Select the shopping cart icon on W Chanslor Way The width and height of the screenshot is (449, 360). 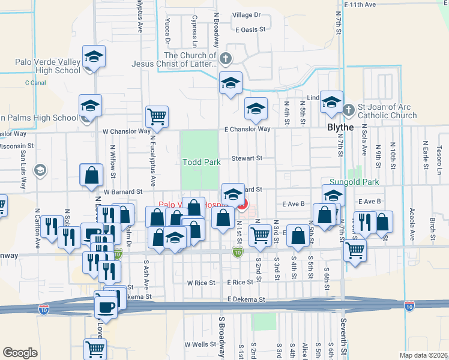coord(157,116)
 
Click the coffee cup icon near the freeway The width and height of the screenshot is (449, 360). coord(106,307)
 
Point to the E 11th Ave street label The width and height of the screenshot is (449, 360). coord(360,4)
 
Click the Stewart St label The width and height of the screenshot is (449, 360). coord(247,158)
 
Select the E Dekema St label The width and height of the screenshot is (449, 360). coord(246,299)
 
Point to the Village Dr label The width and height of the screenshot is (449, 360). coord(246,14)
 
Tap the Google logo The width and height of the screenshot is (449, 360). coord(20,353)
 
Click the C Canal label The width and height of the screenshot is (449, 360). coord(35,83)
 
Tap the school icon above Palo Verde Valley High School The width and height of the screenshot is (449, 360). coord(94,56)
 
